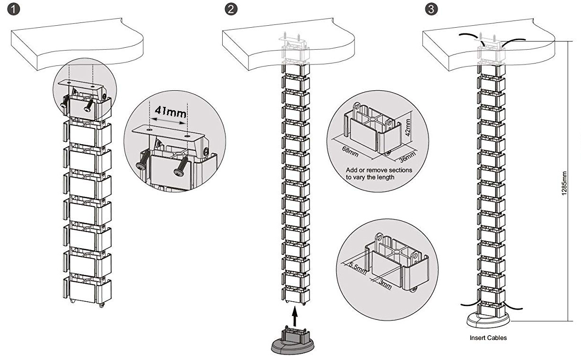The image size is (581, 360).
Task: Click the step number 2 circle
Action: pyautogui.click(x=231, y=10)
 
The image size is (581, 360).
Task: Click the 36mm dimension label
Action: pyautogui.click(x=408, y=155)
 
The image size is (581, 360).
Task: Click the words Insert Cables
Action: pyautogui.click(x=488, y=338)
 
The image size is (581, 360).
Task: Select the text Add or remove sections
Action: pyautogui.click(x=379, y=170)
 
